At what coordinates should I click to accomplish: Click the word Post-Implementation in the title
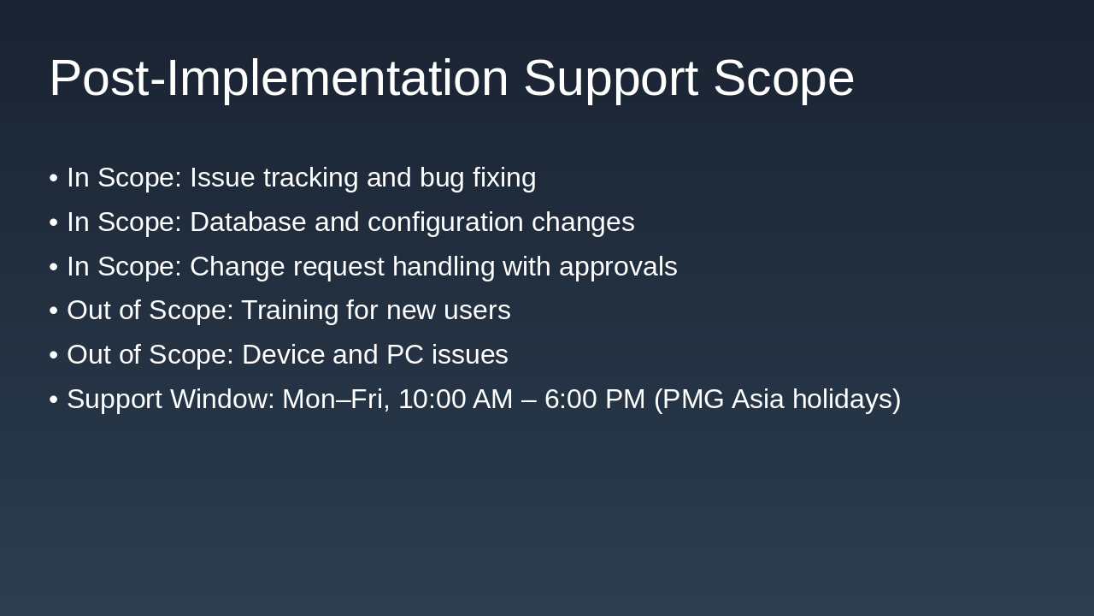click(x=279, y=79)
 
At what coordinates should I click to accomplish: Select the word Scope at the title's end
click(x=783, y=79)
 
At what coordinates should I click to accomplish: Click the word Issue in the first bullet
click(x=222, y=178)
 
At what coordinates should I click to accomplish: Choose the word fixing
click(x=504, y=178)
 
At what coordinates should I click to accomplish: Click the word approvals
click(x=618, y=267)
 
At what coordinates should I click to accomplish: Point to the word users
click(x=477, y=311)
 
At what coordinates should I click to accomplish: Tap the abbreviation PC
click(x=405, y=355)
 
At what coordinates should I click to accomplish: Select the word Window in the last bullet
click(x=222, y=400)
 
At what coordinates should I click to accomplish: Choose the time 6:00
click(x=570, y=400)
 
